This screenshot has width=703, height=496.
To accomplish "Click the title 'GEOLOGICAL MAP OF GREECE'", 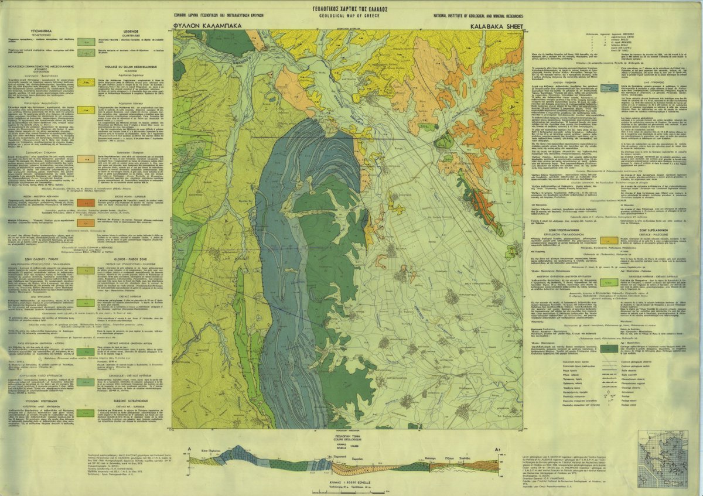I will coord(349,17).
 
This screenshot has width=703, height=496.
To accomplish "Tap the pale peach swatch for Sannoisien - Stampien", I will coord(86,159).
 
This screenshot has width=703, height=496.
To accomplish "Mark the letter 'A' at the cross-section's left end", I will coord(190,449).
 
